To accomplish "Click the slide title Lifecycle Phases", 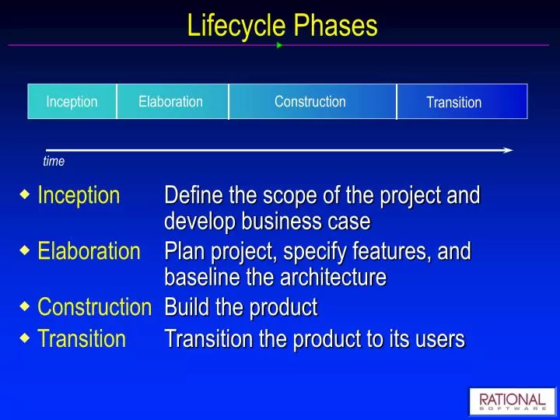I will pyautogui.click(x=282, y=26).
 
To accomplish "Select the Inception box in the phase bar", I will pyautogui.click(x=72, y=102).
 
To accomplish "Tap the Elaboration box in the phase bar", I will pyautogui.click(x=172, y=102).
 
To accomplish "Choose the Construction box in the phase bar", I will pyautogui.click(x=311, y=102).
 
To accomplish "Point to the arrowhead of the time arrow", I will pyautogui.click(x=508, y=150).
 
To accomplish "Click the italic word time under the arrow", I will pyautogui.click(x=54, y=162).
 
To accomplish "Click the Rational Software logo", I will pyautogui.click(x=512, y=402).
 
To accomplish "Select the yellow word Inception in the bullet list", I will pyautogui.click(x=79, y=195).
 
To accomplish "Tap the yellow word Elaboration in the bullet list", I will pyautogui.click(x=89, y=252).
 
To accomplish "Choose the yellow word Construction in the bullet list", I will pyautogui.click(x=94, y=308).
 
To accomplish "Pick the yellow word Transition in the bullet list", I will pyautogui.click(x=82, y=338).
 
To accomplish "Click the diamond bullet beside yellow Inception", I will pyautogui.click(x=25, y=194).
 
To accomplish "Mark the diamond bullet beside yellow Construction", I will pyautogui.click(x=25, y=306).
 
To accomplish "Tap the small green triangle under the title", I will pyautogui.click(x=279, y=45).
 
